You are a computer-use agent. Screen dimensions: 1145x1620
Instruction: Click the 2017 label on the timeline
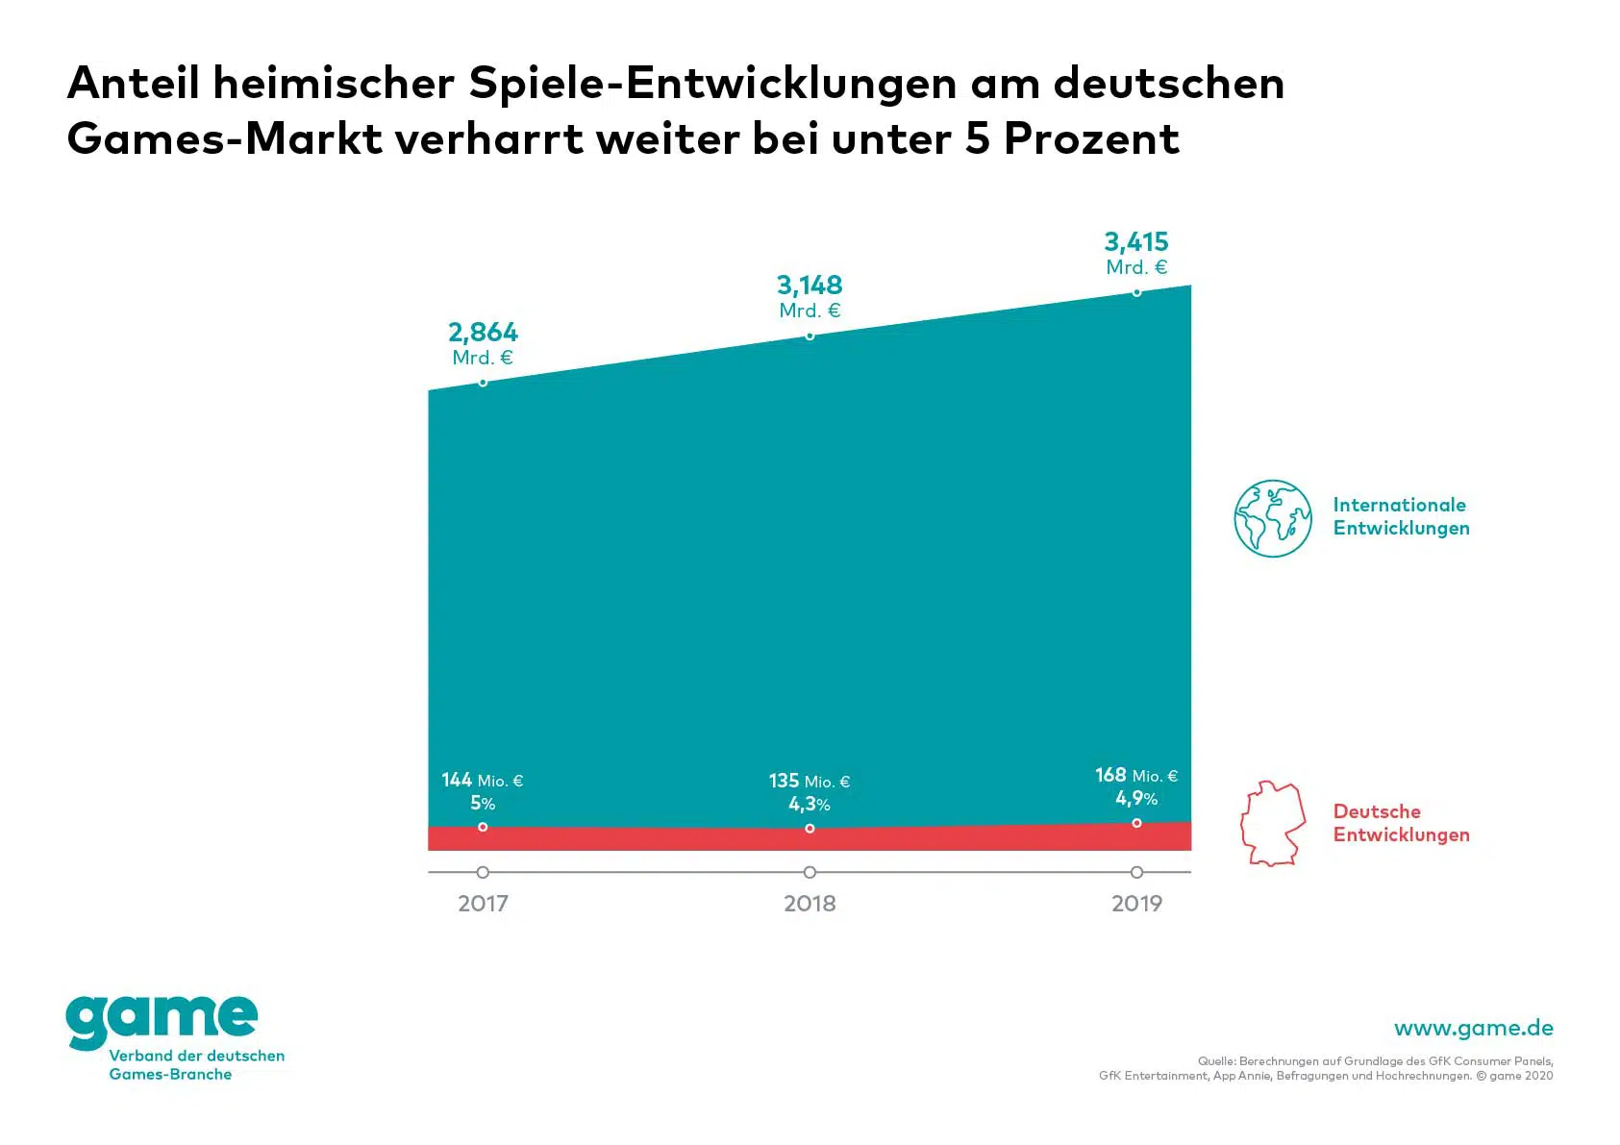click(x=483, y=904)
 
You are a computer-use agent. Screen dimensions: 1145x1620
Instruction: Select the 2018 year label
click(x=810, y=904)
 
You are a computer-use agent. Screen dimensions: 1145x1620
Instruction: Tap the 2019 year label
click(x=1136, y=904)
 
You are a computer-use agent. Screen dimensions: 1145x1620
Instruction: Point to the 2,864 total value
click(x=483, y=333)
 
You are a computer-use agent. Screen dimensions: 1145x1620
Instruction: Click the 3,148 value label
click(x=810, y=286)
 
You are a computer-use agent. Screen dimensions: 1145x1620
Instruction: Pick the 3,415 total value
click(x=1136, y=242)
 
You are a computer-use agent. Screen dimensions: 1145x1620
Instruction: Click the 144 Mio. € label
click(x=483, y=781)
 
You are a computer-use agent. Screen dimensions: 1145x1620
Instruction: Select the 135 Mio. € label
click(x=810, y=782)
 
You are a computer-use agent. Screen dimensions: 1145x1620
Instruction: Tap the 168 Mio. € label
click(x=1136, y=776)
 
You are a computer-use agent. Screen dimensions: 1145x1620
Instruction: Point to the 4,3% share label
click(x=810, y=805)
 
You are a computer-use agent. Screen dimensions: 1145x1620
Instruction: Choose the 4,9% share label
click(x=1136, y=799)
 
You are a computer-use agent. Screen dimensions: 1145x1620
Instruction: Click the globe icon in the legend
click(x=1273, y=518)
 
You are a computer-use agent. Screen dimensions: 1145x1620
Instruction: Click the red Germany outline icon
click(x=1273, y=824)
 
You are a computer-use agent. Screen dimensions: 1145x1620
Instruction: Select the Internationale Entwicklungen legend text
click(x=1401, y=516)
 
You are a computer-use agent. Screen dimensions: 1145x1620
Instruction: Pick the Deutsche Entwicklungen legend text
click(x=1401, y=823)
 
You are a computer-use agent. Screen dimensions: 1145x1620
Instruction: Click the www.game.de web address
click(x=1473, y=1028)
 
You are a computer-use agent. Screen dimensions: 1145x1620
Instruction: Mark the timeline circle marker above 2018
click(x=810, y=872)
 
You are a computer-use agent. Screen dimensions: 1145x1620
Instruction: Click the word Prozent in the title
click(x=1091, y=138)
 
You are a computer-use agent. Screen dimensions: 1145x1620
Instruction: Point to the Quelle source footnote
click(x=1326, y=1068)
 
